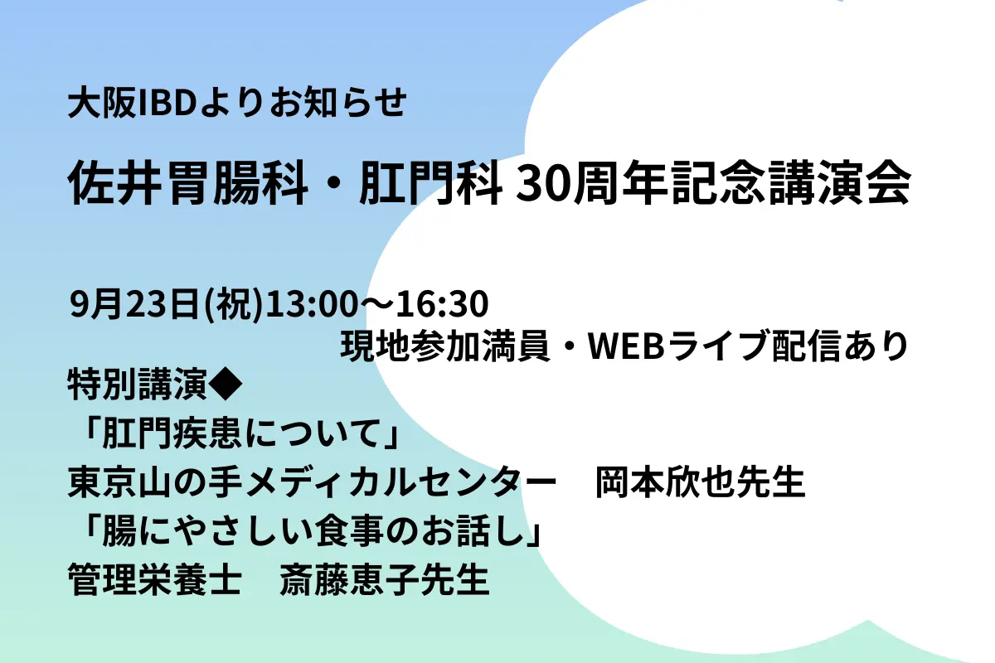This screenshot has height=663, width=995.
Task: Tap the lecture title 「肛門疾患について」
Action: click(x=235, y=433)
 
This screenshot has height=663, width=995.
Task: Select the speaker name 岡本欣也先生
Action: click(x=701, y=483)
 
